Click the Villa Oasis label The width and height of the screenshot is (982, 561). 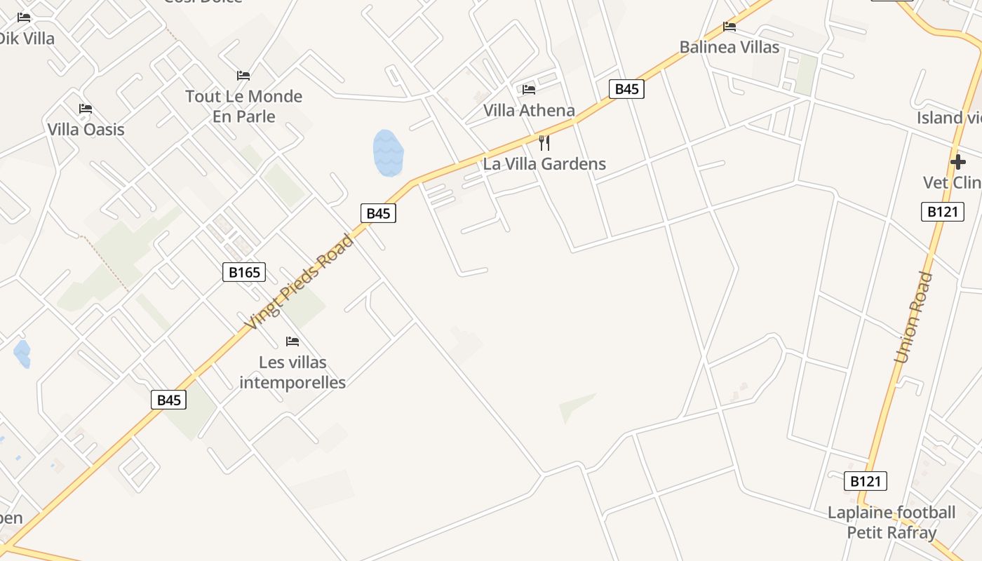pos(86,129)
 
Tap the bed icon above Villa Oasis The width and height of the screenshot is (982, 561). pos(86,109)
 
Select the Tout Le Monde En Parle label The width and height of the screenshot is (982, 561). pos(243,106)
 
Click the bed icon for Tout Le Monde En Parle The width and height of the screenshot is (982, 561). pos(243,76)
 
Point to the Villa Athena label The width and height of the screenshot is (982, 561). pos(529,110)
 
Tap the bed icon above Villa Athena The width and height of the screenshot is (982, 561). pos(529,90)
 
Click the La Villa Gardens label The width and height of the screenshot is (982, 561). pos(544,164)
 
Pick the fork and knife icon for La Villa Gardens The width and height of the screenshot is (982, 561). pos(544,143)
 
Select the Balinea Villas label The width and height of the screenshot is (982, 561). pos(729,47)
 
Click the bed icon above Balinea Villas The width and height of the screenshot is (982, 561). pos(729,27)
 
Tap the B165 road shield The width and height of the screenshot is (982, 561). pos(244,272)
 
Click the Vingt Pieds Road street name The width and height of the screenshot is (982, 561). pos(300,282)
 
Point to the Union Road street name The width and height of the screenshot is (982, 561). pos(914,317)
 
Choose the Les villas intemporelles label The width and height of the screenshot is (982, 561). pos(292,372)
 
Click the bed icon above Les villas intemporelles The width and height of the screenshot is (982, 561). pos(292,342)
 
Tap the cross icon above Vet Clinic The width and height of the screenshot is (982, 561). pos(957,163)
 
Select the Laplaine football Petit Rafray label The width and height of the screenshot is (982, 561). pos(892,522)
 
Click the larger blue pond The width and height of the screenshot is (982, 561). pos(388,153)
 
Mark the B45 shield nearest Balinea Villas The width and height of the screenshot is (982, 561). pos(626,88)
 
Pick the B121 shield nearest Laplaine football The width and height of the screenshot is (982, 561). pos(866,481)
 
